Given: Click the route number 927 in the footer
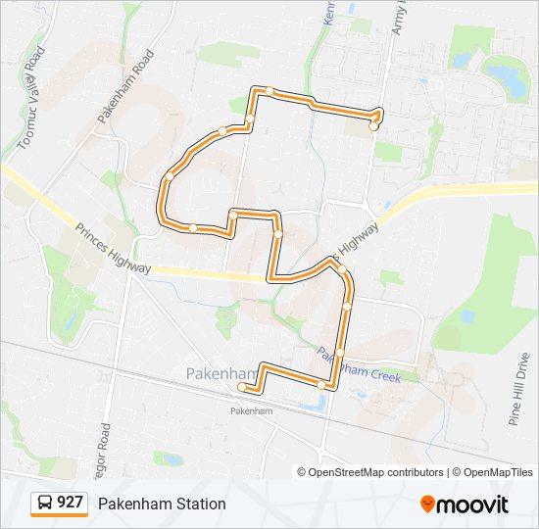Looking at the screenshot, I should click(x=70, y=503).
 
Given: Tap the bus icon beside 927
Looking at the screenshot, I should click(x=45, y=503).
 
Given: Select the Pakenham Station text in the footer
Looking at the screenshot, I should click(x=161, y=504).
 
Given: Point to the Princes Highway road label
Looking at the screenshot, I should click(x=114, y=249).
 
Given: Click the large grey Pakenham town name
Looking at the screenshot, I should click(x=220, y=373).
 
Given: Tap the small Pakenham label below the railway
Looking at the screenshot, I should click(x=251, y=410).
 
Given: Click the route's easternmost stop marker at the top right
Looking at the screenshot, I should click(x=373, y=126).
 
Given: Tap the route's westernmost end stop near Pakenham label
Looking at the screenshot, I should click(x=242, y=387).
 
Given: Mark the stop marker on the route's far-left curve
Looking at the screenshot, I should click(x=170, y=176).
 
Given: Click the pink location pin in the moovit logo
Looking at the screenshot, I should click(x=427, y=505).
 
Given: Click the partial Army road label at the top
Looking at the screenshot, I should click(x=399, y=18).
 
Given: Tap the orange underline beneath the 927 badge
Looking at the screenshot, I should click(x=59, y=515).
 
